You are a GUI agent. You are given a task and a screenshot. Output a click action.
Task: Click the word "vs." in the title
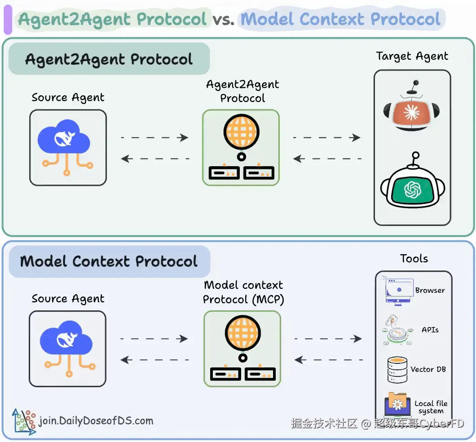coord(224,20)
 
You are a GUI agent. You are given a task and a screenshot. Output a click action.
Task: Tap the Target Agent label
coord(412,57)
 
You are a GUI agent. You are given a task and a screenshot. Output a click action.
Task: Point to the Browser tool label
coord(430,291)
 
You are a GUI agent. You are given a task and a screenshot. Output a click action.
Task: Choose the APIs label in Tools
coord(430,330)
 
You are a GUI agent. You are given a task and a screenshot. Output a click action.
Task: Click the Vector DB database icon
coord(397,369)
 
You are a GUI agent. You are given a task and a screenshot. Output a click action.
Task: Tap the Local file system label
coord(431,407)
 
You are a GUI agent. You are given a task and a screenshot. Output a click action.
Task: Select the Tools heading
coord(414,259)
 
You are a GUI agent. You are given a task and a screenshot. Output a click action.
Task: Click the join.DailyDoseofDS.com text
coord(96,421)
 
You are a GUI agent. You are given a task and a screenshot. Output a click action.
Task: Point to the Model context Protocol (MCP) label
coord(243,292)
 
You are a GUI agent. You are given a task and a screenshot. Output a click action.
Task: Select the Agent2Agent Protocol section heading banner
coord(109,59)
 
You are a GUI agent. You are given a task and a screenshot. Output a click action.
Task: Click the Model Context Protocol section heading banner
coord(109,261)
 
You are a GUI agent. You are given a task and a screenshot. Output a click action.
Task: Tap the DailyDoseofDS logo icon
coord(24,421)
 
